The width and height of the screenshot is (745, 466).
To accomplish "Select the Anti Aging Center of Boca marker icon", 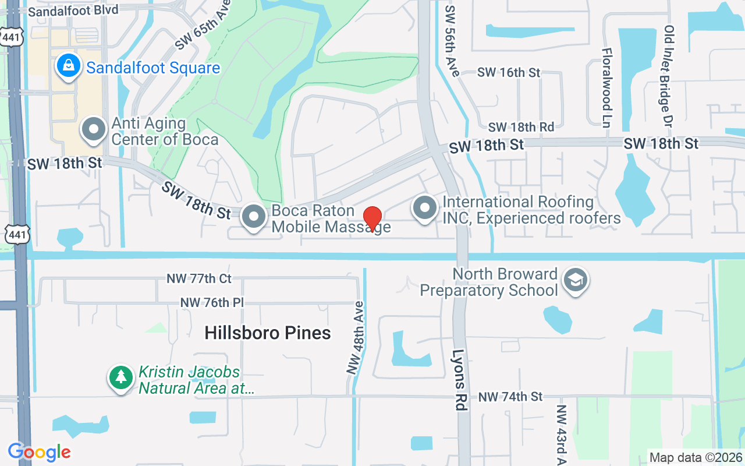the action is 93,130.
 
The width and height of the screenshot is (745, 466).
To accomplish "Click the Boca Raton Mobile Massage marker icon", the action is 253,217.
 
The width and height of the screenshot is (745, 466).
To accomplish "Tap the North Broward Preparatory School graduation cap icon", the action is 576,281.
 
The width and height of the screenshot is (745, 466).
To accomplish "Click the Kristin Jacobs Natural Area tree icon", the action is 120,378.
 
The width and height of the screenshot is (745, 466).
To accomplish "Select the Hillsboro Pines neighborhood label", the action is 268,333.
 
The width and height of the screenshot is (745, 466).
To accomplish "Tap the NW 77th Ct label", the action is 199,279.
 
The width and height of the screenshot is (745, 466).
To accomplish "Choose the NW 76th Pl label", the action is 212,303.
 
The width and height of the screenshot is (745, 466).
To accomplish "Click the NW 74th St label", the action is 510,397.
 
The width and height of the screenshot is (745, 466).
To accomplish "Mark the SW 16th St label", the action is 509,73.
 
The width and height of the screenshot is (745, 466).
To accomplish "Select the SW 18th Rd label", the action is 521,127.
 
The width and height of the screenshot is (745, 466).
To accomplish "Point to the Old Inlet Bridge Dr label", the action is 669,76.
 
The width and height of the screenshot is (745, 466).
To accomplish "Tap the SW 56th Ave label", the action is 452,41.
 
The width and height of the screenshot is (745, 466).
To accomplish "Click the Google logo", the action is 40,452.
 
